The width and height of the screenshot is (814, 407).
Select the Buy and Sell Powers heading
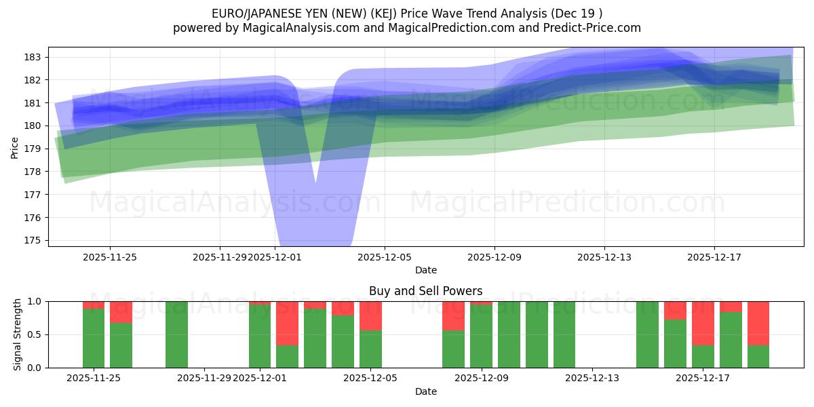(426, 291)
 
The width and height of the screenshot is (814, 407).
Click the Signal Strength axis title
(18, 334)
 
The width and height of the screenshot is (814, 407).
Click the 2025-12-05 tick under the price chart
(385, 257)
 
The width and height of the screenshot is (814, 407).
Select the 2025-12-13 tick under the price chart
(604, 257)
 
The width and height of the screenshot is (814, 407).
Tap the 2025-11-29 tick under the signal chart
(204, 378)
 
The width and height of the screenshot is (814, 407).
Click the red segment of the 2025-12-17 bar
(703, 323)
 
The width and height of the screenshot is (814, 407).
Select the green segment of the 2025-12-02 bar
(288, 356)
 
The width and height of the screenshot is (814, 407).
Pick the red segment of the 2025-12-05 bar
(370, 315)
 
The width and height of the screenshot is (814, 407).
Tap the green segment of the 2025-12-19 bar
(758, 356)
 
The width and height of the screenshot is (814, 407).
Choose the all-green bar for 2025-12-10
(509, 334)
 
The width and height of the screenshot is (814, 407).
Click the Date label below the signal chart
(426, 391)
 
